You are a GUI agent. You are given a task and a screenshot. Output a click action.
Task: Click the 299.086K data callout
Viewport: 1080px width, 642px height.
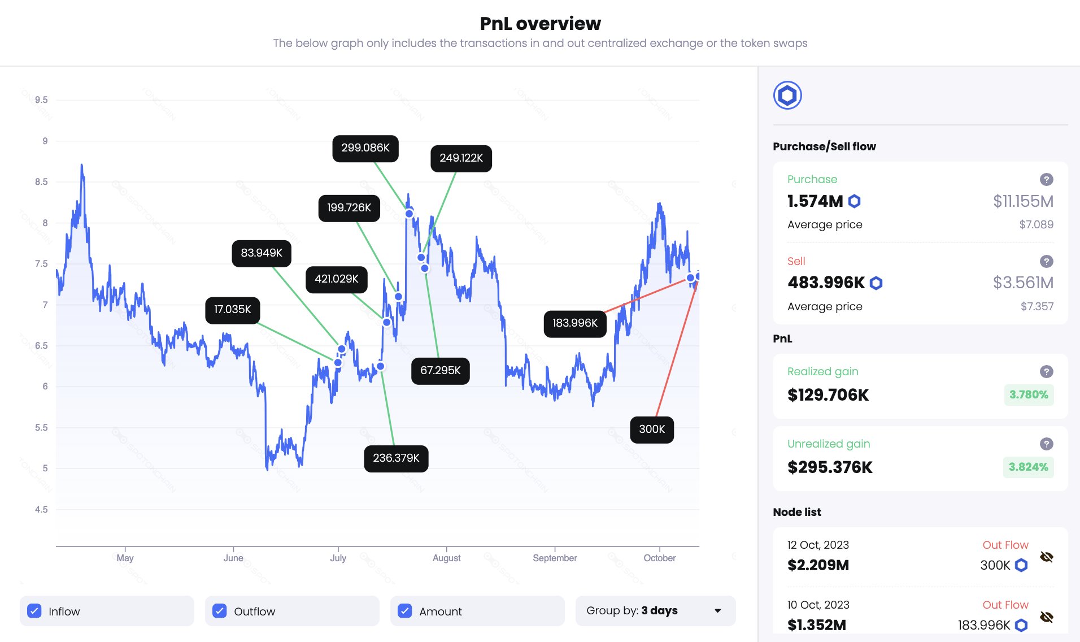click(365, 148)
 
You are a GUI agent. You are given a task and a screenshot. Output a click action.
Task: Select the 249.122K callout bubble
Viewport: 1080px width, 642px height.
click(461, 158)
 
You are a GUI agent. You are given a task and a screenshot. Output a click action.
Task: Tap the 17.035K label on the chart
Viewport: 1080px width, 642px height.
click(232, 310)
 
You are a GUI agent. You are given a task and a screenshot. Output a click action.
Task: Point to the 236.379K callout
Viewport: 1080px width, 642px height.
click(396, 458)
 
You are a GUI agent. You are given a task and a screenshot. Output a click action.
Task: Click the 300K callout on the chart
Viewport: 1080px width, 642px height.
click(651, 430)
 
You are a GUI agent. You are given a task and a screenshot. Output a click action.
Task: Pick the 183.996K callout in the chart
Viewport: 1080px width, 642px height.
click(574, 323)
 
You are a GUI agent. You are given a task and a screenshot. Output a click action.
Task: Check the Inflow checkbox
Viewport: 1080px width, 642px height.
click(34, 611)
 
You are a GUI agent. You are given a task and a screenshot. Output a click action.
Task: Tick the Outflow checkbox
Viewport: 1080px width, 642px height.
click(220, 611)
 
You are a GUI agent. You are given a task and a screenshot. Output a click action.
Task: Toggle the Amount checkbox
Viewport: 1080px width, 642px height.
click(405, 611)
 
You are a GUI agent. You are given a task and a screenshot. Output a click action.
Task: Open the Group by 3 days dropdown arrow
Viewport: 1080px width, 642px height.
click(717, 611)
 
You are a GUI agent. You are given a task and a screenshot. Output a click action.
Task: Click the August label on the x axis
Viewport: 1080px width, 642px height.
click(446, 558)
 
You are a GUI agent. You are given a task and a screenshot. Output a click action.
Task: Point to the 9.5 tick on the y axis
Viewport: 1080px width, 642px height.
click(41, 100)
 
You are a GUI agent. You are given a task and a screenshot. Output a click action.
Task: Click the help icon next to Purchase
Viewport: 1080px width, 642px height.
click(1046, 180)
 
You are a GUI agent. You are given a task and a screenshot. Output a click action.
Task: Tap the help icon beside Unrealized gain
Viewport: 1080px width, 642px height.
click(1046, 444)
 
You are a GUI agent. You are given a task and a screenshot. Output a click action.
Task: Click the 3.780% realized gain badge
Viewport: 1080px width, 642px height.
click(1028, 395)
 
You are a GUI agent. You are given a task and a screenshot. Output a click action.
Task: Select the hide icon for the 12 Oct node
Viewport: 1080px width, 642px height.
click(1046, 557)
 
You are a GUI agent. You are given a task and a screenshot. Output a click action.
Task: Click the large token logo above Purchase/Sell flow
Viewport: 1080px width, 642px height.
click(787, 96)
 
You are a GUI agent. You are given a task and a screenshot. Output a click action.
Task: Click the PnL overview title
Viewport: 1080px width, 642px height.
click(540, 24)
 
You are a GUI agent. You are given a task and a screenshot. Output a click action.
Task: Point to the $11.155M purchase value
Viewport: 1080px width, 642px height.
click(1023, 201)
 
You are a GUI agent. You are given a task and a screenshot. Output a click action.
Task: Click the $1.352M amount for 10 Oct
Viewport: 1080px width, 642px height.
click(817, 625)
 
